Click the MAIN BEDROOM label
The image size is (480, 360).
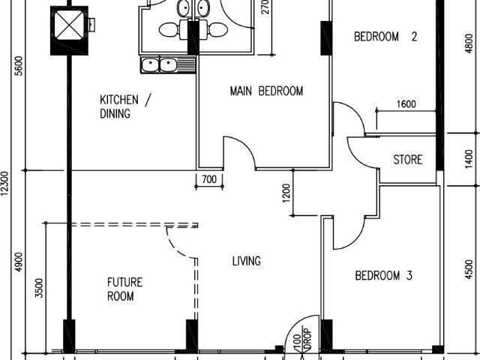(x=265, y=91)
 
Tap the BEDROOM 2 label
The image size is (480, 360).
(x=385, y=36)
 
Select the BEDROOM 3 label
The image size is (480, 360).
(x=383, y=276)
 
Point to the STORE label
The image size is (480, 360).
(x=408, y=160)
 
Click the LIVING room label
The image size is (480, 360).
(x=246, y=261)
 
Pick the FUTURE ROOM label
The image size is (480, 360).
(x=124, y=289)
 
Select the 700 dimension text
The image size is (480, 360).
(x=208, y=178)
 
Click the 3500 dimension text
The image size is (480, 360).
(x=39, y=288)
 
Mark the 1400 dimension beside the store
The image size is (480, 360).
(x=469, y=159)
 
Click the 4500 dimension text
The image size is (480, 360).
(x=469, y=268)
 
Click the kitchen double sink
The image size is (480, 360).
(x=158, y=65)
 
